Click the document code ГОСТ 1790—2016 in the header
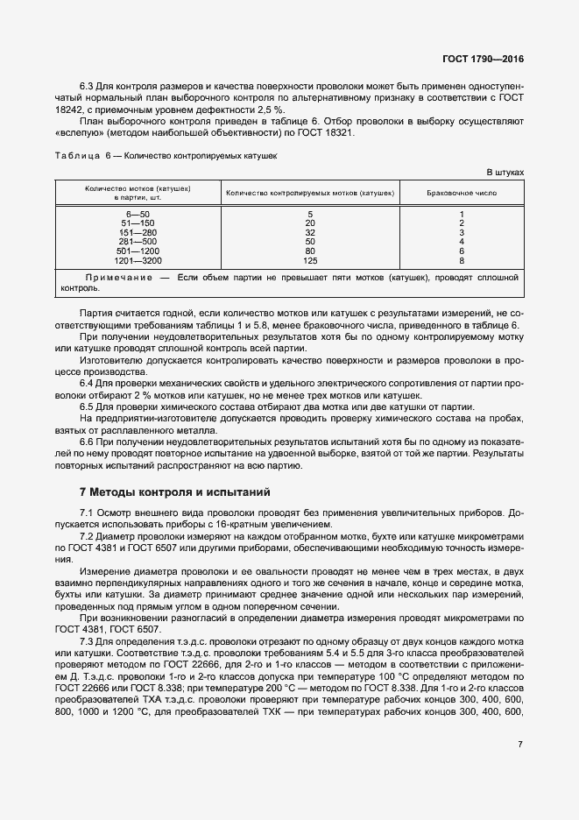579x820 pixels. point(484,60)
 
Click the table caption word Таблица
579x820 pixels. point(78,155)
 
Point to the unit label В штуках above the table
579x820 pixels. point(505,172)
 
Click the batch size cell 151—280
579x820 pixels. point(138,232)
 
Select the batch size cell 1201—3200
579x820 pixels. point(138,261)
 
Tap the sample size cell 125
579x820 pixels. point(309,261)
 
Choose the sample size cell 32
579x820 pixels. point(309,232)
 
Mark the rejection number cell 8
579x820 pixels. point(461,261)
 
